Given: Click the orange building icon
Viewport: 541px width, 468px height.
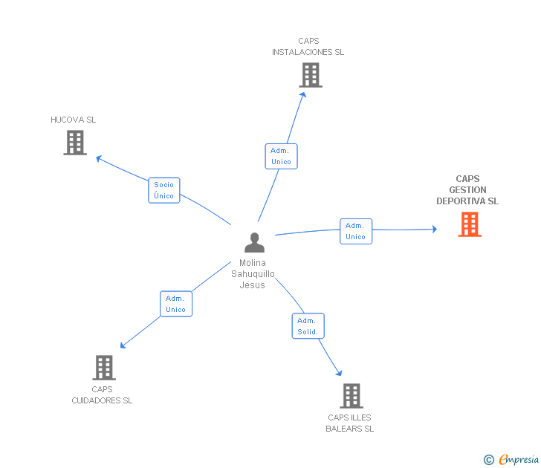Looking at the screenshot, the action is (x=470, y=224).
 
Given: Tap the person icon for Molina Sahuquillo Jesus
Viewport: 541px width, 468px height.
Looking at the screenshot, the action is (x=255, y=242).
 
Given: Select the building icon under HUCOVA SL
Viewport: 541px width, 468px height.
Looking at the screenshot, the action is (x=75, y=143).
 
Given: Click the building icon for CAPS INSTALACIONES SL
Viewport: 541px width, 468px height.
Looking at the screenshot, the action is (x=311, y=75).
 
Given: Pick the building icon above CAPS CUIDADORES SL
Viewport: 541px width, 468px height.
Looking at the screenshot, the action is (x=104, y=368).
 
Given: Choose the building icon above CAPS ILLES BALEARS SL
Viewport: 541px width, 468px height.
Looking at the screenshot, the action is (x=352, y=396).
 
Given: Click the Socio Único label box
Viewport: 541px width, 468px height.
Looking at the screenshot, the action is (x=164, y=190).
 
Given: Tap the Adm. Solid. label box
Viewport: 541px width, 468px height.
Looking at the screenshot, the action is (x=308, y=326).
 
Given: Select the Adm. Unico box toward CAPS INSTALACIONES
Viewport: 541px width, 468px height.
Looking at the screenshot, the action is (x=281, y=156).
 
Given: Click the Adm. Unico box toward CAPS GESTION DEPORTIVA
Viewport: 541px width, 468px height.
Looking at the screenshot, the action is (x=356, y=232).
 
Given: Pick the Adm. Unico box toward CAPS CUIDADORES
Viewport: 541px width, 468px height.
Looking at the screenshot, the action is (x=176, y=304).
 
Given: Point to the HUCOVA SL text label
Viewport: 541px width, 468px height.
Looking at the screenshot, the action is (x=73, y=120).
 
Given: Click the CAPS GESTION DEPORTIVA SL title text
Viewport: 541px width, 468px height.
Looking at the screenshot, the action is (x=467, y=190).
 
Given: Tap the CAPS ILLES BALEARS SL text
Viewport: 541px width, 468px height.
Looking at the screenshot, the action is (x=350, y=423).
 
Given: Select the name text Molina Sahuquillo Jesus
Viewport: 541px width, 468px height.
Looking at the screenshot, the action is (x=253, y=274).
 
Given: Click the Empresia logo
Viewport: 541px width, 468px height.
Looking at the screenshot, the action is (x=519, y=459).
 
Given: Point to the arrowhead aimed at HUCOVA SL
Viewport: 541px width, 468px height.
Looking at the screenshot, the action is (x=99, y=158).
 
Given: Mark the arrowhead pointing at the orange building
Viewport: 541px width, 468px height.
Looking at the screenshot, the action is (x=435, y=229).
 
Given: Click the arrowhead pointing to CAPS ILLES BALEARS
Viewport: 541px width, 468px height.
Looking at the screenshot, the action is (x=339, y=373).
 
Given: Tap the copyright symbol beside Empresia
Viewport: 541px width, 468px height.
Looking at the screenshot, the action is (x=489, y=460).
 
